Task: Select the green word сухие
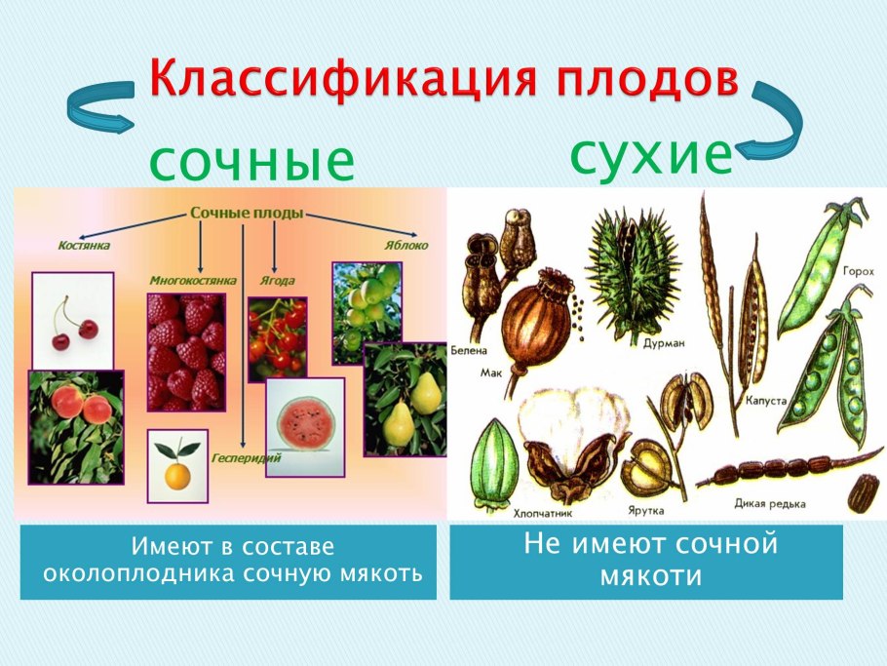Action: pyautogui.click(x=650, y=155)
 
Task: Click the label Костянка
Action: pyautogui.click(x=83, y=247)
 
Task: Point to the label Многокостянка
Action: pyautogui.click(x=193, y=280)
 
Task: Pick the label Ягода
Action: pyautogui.click(x=277, y=280)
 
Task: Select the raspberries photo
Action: pyautogui.click(x=185, y=351)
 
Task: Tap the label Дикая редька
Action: pyautogui.click(x=769, y=504)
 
